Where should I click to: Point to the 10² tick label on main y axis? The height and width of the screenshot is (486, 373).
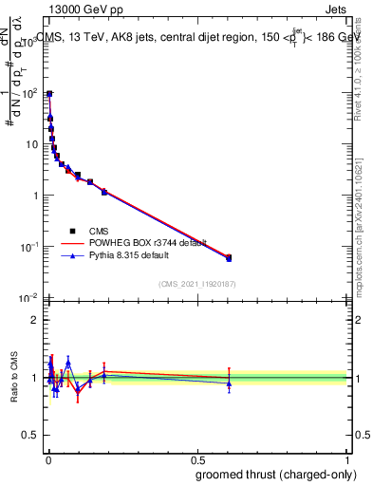[31, 93]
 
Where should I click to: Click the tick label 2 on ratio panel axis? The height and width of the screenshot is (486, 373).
[37, 320]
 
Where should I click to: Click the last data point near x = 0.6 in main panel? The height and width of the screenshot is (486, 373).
[228, 257]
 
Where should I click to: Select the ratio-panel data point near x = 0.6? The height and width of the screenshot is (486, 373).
[228, 383]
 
